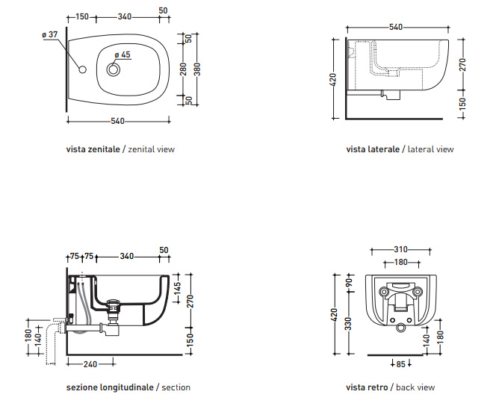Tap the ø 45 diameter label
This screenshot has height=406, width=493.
tap(123, 54)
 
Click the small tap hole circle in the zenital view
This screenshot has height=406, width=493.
tap(82, 69)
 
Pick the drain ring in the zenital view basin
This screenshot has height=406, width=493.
tap(114, 69)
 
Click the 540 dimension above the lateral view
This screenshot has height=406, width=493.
tap(396, 27)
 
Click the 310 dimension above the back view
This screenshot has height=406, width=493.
tap(401, 249)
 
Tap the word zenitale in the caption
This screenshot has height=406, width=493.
tap(103, 149)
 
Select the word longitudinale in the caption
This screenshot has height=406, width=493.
tap(123, 387)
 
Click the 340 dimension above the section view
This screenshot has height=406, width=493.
tap(127, 257)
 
